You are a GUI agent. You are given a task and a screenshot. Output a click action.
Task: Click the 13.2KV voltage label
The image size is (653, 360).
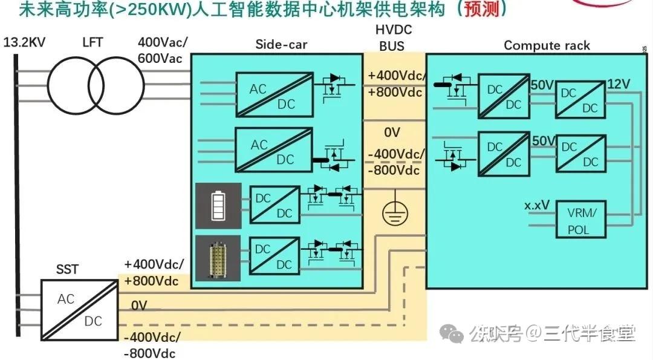24,43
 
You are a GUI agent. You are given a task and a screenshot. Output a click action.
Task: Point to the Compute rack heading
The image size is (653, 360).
547,45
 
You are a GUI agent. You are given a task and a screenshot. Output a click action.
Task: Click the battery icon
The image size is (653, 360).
218,206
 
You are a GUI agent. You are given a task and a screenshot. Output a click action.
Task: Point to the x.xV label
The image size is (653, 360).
537,205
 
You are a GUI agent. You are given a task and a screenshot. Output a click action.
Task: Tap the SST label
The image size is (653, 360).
67,269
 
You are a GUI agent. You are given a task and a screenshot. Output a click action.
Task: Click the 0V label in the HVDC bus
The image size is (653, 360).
392,133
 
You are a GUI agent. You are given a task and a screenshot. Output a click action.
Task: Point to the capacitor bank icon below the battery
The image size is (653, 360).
218,258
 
